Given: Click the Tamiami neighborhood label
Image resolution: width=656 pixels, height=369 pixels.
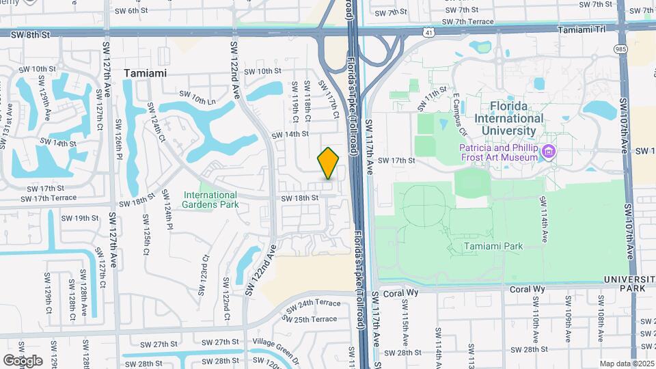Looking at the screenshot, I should [x=146, y=72].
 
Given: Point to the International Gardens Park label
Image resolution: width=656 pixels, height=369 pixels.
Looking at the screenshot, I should [x=210, y=199].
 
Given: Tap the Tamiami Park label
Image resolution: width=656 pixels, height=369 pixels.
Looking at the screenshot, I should [x=493, y=246].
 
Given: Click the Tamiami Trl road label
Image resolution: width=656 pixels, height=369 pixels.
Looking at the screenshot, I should [x=582, y=30].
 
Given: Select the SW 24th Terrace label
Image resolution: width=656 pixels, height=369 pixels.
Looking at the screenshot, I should [x=313, y=303].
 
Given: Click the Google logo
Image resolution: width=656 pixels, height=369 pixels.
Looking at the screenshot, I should [x=23, y=360].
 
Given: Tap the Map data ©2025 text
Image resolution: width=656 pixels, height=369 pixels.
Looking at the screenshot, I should [x=626, y=364].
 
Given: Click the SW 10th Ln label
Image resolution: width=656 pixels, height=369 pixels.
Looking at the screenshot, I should [x=196, y=98].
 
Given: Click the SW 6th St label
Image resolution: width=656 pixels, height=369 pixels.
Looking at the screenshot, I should [x=131, y=10].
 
